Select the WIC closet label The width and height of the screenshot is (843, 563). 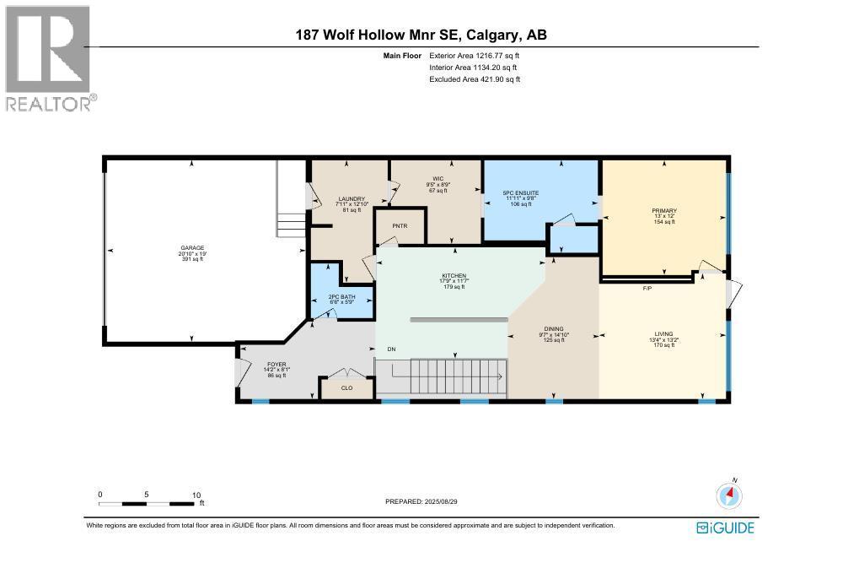[x=438, y=178]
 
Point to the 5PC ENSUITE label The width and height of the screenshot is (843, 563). [x=520, y=193]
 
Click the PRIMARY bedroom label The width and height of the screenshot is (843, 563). [x=663, y=210]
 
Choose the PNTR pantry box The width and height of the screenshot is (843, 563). [x=400, y=226]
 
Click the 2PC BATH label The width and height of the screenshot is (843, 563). [x=341, y=297]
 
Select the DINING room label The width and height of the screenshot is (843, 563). [x=554, y=328]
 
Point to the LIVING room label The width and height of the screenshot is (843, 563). [x=663, y=333]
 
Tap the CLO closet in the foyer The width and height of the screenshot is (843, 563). [x=346, y=389]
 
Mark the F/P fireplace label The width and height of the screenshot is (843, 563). [x=647, y=288]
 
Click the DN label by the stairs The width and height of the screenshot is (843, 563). [x=390, y=349]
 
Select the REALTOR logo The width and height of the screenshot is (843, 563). [x=49, y=59]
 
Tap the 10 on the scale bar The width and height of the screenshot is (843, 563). [x=196, y=495]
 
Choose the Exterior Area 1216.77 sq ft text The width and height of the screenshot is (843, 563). [x=475, y=55]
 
